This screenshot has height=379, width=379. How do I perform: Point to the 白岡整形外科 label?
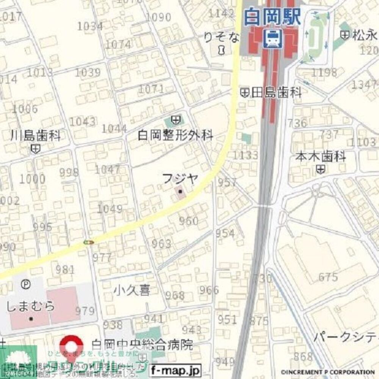pos(175,135)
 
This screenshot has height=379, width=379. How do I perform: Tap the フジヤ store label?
pos(180,179)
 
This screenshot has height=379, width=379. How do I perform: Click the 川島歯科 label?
pos(35,136)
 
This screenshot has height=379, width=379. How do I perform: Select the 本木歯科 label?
pos(321,156)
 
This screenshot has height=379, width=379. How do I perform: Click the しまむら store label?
pos(31,306)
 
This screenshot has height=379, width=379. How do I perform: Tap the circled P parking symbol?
pos(25,283)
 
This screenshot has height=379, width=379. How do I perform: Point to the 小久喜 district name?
pos(132,290)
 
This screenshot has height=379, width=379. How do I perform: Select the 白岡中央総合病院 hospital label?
pos(142,345)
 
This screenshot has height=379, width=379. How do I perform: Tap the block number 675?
pos(328,277)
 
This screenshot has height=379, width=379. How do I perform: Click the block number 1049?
pos(110,209)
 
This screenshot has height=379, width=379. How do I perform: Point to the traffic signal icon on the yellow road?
pos(89,242)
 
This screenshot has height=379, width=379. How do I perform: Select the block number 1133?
pos(245,155)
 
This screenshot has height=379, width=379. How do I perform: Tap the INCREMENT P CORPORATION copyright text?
pos(327,372)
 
